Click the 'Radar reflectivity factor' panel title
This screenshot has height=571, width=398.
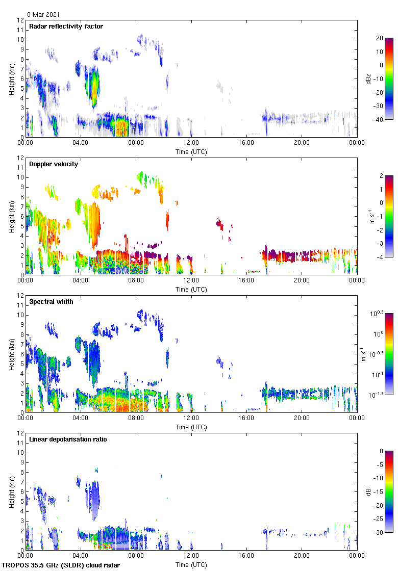click(66, 26)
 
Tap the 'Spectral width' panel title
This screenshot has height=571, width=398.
click(51, 301)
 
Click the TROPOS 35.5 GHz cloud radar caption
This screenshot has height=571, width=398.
click(61, 565)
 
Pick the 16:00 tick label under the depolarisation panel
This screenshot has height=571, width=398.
click(246, 556)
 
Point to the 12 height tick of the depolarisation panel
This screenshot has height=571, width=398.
click(21, 433)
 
